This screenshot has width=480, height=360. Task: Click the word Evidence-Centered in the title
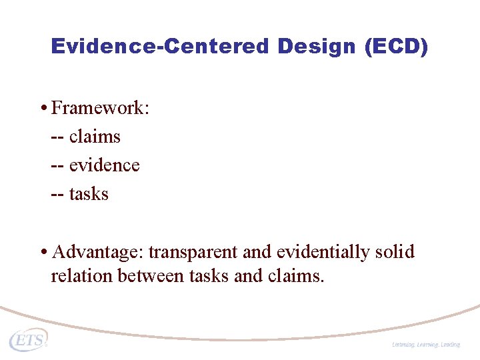(x=159, y=47)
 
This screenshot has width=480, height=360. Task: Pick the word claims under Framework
(x=95, y=137)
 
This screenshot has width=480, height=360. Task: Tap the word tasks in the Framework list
(x=89, y=194)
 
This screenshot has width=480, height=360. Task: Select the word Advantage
(x=97, y=253)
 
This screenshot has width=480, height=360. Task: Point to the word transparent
(x=193, y=253)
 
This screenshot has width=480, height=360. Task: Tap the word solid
(x=395, y=253)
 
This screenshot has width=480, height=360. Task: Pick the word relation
(x=81, y=275)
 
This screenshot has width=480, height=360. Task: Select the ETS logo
(x=28, y=339)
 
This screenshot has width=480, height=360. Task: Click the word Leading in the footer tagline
(x=450, y=345)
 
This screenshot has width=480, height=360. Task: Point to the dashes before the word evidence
(x=57, y=165)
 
